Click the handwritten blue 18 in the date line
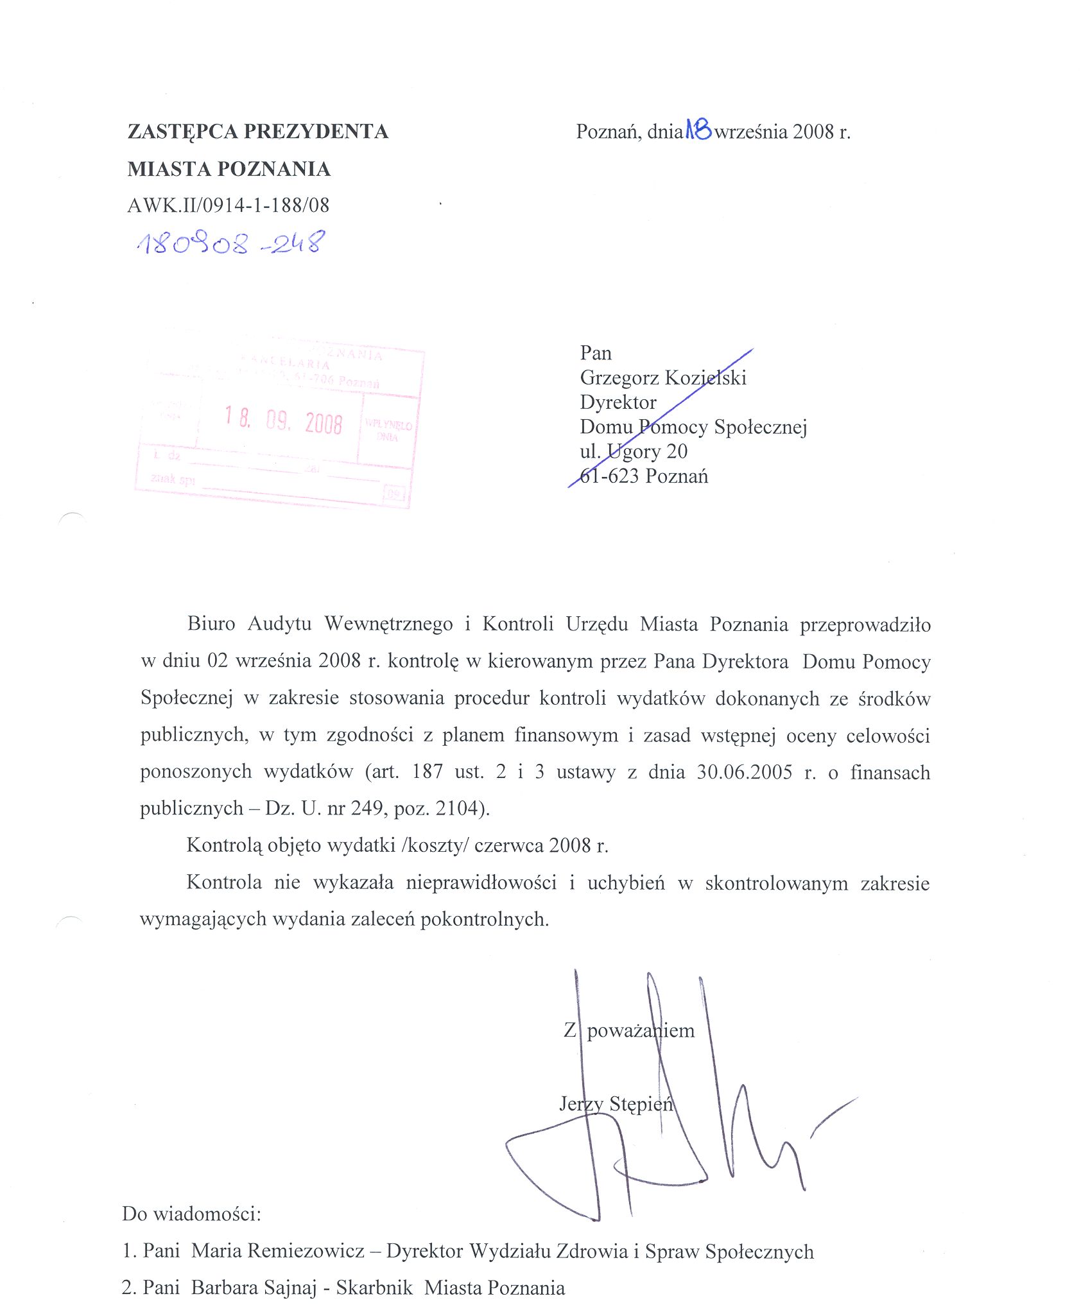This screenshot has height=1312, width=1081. tap(698, 130)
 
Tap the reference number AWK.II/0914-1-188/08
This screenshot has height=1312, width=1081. tap(229, 205)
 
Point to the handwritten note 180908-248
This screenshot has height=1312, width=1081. tap(231, 243)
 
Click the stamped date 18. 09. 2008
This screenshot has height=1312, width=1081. tap(283, 421)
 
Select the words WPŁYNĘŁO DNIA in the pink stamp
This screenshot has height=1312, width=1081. tap(388, 431)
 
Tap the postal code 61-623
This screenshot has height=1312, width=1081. tap(610, 476)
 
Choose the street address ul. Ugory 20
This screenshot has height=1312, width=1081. tap(634, 451)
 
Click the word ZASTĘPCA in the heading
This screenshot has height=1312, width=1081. tap(182, 132)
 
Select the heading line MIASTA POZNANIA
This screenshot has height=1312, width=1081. tap(229, 169)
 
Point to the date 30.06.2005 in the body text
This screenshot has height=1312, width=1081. tap(745, 772)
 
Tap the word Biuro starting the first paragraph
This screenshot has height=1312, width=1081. tap(211, 623)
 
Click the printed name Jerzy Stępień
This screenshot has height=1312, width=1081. tap(616, 1104)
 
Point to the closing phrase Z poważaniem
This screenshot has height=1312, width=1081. tap(629, 1031)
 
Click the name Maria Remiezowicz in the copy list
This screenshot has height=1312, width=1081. tap(278, 1251)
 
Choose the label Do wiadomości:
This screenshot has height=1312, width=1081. tap(191, 1214)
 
